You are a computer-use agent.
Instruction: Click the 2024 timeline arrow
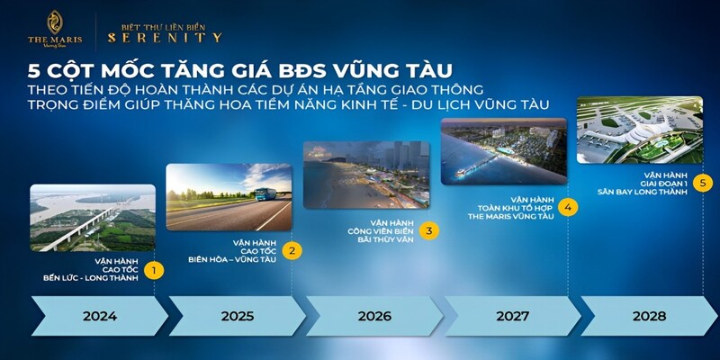98,316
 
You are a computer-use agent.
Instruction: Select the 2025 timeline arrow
236,316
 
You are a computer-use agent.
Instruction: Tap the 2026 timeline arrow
373,316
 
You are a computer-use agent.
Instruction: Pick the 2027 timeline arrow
511,316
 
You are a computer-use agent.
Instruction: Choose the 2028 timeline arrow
648,316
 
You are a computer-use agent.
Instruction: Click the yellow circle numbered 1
155,269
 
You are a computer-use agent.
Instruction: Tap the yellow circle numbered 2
291,250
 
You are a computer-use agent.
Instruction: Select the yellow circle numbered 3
429,231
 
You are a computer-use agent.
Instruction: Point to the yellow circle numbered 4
566,207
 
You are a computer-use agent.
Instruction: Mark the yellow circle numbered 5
703,183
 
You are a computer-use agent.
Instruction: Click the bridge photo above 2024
92,218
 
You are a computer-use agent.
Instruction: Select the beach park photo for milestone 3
366,175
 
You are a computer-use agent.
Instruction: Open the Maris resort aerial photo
503,149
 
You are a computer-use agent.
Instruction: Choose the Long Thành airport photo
639,128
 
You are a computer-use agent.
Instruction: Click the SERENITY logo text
165,37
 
